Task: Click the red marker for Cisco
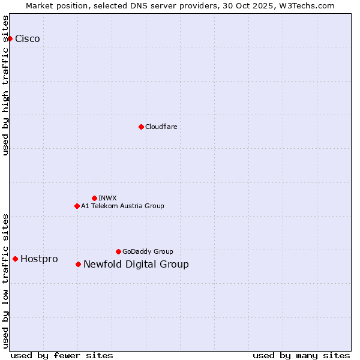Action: click(x=10, y=38)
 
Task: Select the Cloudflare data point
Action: click(x=141, y=127)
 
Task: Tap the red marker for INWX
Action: click(x=94, y=198)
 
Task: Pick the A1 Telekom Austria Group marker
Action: click(x=77, y=206)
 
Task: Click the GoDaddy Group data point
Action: click(x=118, y=251)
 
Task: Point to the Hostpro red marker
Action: click(x=15, y=259)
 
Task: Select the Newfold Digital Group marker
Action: click(x=78, y=264)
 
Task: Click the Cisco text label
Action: click(x=28, y=38)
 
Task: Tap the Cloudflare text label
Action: click(x=161, y=127)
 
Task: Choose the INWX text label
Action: click(x=107, y=198)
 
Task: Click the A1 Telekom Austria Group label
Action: click(x=122, y=206)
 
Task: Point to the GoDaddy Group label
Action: click(x=148, y=251)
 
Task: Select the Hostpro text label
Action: click(x=39, y=259)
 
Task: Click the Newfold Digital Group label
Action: click(x=136, y=264)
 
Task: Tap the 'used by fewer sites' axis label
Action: click(x=62, y=355)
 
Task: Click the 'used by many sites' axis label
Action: click(x=301, y=355)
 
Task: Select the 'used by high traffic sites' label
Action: click(x=5, y=85)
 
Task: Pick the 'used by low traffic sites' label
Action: click(x=5, y=281)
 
